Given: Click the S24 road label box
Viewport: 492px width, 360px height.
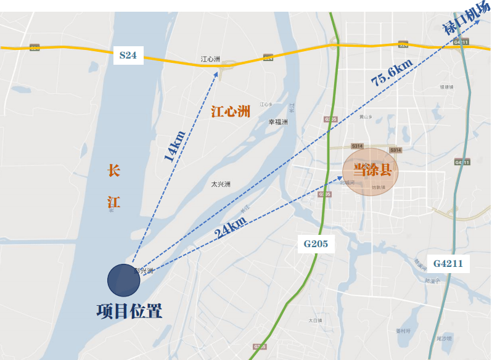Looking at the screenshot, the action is pyautogui.click(x=128, y=55).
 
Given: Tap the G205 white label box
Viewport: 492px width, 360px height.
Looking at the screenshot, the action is pyautogui.click(x=315, y=243).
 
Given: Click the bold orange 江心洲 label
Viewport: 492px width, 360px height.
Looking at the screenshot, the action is pyautogui.click(x=231, y=112).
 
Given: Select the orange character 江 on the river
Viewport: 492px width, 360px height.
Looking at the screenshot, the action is pyautogui.click(x=113, y=201).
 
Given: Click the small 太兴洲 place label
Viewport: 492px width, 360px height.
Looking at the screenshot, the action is pyautogui.click(x=220, y=184).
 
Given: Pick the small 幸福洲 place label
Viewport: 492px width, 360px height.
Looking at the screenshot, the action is pyautogui.click(x=277, y=122).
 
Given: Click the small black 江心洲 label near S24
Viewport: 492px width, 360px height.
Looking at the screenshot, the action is pyautogui.click(x=210, y=59).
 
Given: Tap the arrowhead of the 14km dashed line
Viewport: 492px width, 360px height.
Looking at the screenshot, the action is pyautogui.click(x=218, y=73).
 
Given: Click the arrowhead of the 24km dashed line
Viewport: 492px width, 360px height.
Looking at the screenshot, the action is pyautogui.click(x=342, y=179).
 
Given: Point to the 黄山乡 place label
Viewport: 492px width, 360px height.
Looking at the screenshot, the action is pyautogui.click(x=366, y=117).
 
